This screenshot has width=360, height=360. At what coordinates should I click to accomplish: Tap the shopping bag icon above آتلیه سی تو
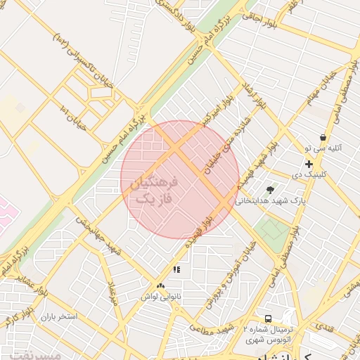323,138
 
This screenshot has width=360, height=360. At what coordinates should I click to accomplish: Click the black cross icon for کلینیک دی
309,163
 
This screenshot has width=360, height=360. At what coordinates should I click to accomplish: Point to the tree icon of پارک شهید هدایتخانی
270,190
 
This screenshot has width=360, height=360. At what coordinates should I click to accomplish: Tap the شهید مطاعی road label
211,328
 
